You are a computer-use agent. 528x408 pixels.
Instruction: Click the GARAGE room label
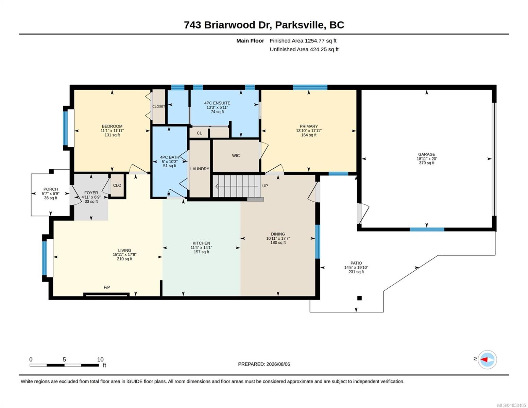426,154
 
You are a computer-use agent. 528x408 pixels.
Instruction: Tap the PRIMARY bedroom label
309,126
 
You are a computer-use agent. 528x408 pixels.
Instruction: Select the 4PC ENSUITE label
217,103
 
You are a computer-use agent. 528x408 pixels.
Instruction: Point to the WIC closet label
236,155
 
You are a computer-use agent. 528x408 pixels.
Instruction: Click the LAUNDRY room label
200,169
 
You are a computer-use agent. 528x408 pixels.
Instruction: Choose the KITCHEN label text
201,243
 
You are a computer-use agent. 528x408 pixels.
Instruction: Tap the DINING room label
278,234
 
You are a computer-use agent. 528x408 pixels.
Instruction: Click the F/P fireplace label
107,288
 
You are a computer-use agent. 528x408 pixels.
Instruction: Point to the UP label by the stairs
265,186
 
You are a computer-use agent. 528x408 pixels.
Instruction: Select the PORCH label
51,189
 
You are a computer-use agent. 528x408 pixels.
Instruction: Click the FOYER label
91,193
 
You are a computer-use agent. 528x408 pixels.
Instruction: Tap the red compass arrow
484,360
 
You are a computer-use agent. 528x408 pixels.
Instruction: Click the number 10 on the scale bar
100,360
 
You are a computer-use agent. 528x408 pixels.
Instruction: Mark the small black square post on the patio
359,298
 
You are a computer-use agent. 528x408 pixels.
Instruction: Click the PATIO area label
356,263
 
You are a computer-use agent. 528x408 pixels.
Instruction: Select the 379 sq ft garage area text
426,163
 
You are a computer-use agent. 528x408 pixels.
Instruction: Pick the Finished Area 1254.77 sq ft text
303,41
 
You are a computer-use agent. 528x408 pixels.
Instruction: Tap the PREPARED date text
264,364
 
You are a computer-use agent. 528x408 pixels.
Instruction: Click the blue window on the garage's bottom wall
427,230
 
